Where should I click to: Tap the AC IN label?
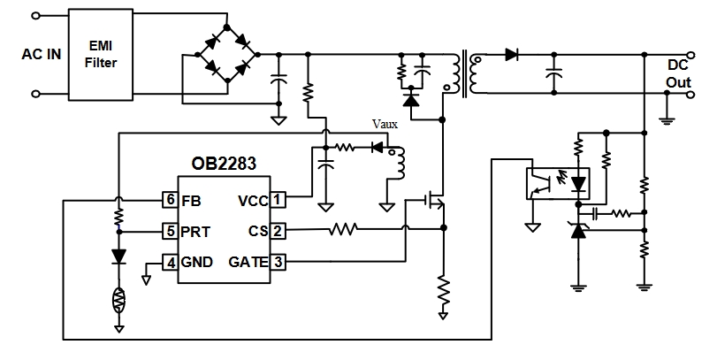click(42, 54)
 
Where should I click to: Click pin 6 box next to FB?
click(169, 200)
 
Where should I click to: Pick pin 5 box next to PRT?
click(169, 232)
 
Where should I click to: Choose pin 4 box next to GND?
click(169, 263)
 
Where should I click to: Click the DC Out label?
click(679, 73)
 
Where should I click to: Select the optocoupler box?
click(546, 184)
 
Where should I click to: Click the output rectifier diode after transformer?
click(511, 55)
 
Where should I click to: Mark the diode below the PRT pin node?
click(118, 257)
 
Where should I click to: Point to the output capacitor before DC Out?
click(554, 77)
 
